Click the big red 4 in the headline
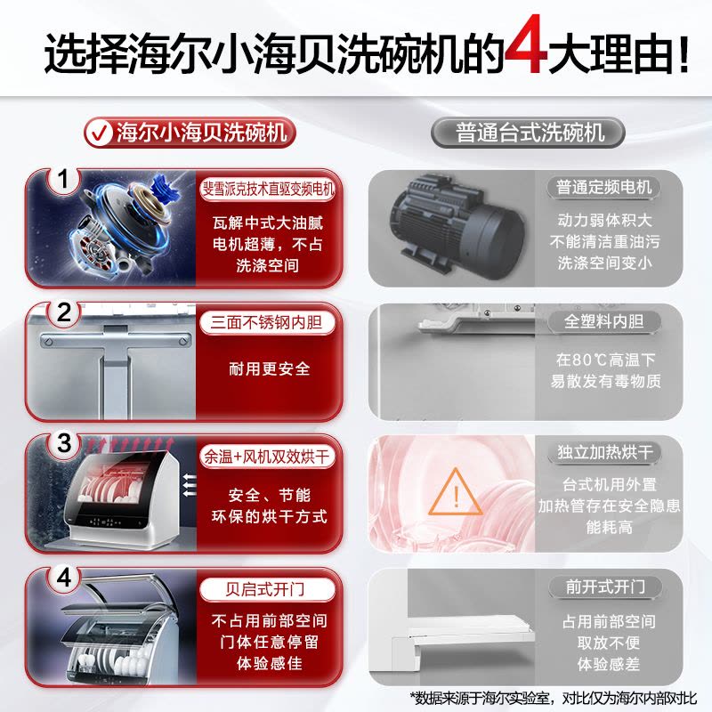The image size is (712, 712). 527,44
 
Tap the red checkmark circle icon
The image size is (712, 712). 99,133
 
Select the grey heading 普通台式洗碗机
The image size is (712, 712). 528,133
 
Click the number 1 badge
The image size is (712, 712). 63,180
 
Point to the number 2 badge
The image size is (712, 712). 64,313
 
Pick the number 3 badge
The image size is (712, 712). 64,443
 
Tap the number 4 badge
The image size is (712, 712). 64,578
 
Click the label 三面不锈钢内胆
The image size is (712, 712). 267,322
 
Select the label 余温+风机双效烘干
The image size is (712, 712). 267,457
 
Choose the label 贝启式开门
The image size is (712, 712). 267,589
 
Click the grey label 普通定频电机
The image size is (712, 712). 604,187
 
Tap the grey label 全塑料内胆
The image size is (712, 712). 604,321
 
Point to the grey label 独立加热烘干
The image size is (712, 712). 605,452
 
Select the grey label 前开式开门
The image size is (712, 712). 605,587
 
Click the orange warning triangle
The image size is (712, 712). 456,493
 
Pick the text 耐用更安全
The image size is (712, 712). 270,368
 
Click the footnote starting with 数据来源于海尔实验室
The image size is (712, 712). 553,698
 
